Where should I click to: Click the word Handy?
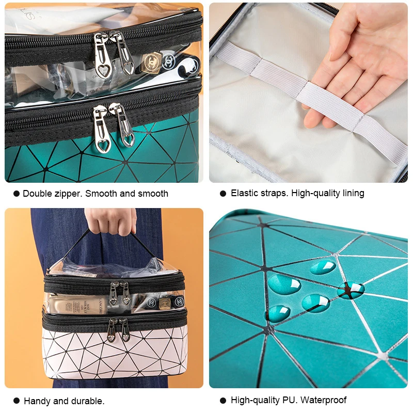37,401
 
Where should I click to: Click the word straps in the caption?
274,193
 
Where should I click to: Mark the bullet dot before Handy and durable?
17,401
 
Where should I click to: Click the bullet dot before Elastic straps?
223,194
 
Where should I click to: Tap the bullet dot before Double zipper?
17,194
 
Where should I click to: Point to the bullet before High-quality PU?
223,400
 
